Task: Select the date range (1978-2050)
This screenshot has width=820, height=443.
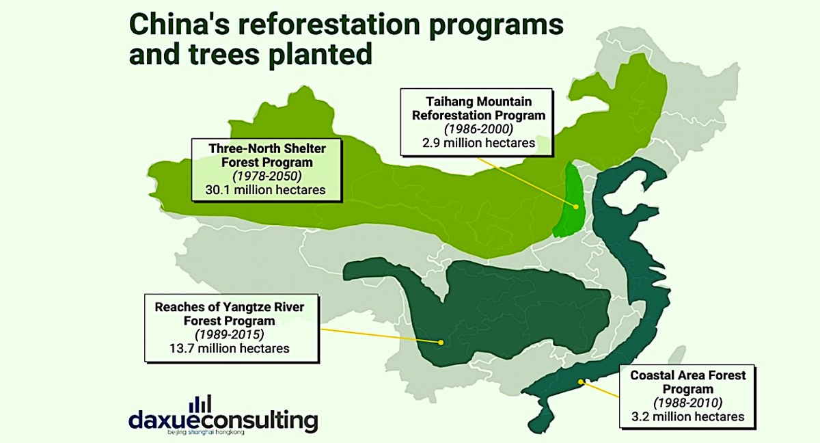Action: point(267,176)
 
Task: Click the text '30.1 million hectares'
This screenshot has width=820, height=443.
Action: point(265,190)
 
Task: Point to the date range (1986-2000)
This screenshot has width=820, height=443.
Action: point(478,129)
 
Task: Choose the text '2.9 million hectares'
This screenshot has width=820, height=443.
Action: point(478,143)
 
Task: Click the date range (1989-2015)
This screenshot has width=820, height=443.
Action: point(229,334)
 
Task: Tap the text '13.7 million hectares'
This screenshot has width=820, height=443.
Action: point(229,348)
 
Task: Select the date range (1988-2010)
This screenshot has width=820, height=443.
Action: point(688,403)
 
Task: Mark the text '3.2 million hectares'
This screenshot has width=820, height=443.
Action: point(688,416)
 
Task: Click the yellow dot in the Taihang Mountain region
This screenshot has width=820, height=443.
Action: point(576,207)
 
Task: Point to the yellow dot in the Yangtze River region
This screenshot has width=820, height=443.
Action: point(441,343)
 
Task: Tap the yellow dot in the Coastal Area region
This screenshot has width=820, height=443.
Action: point(581,382)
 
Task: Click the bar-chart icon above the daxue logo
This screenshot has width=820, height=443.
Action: point(200,403)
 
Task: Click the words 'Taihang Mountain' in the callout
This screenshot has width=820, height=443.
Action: point(478,101)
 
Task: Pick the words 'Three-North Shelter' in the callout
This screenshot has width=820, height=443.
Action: point(267,148)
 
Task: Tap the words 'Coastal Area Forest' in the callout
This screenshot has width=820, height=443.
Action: point(688,375)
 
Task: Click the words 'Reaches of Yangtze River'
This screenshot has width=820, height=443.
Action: point(229,307)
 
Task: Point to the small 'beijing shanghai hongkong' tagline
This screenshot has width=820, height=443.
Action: point(206,433)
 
